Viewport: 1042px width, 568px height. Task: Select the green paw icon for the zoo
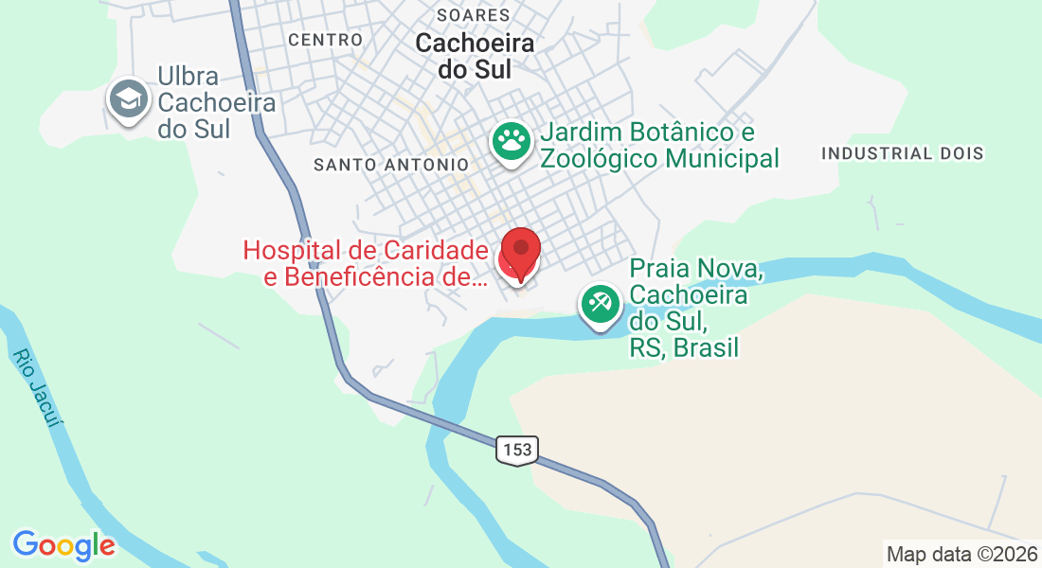[x=512, y=141]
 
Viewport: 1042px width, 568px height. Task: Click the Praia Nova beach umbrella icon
[x=601, y=304]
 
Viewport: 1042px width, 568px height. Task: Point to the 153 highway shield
[x=517, y=450]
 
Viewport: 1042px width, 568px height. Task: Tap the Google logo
[x=63, y=545]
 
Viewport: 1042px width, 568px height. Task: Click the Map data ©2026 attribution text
[x=961, y=554]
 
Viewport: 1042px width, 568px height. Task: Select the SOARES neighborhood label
[x=474, y=15]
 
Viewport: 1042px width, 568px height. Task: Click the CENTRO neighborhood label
[x=325, y=40]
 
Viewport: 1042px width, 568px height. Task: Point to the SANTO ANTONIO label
[x=391, y=165]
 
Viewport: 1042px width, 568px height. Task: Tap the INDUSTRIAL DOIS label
[x=903, y=153]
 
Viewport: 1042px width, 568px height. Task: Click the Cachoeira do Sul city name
[x=475, y=56]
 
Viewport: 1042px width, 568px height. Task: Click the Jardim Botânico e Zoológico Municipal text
[x=659, y=145]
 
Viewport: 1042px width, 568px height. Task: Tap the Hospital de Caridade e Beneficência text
[x=366, y=264]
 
